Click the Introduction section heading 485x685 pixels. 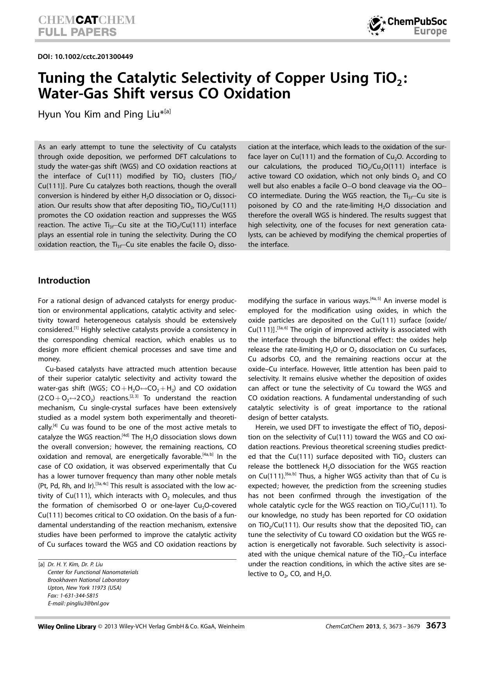click(x=64, y=280)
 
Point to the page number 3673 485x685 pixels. click(x=436, y=625)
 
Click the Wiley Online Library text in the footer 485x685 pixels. click(x=67, y=626)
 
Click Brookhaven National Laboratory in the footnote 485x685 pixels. click(x=88, y=580)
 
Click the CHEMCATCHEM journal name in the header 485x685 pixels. click(x=87, y=20)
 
